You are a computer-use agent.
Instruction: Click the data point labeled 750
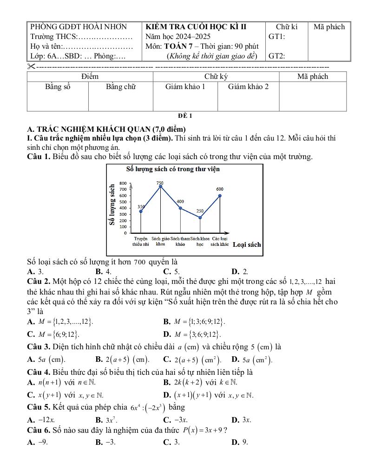tap(161, 186)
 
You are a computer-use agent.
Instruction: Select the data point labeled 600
tap(220, 196)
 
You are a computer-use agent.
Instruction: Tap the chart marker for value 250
tap(200, 217)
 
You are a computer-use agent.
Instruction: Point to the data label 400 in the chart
tap(180, 202)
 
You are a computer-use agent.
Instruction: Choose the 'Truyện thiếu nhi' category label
tap(141, 241)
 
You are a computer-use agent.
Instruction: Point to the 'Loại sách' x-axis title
tap(247, 244)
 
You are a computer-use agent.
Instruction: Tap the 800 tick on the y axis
tap(123, 183)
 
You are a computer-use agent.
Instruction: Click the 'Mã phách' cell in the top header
tap(329, 27)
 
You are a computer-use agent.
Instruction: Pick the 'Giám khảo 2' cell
tap(248, 86)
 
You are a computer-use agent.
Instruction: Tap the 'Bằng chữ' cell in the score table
tap(120, 86)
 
